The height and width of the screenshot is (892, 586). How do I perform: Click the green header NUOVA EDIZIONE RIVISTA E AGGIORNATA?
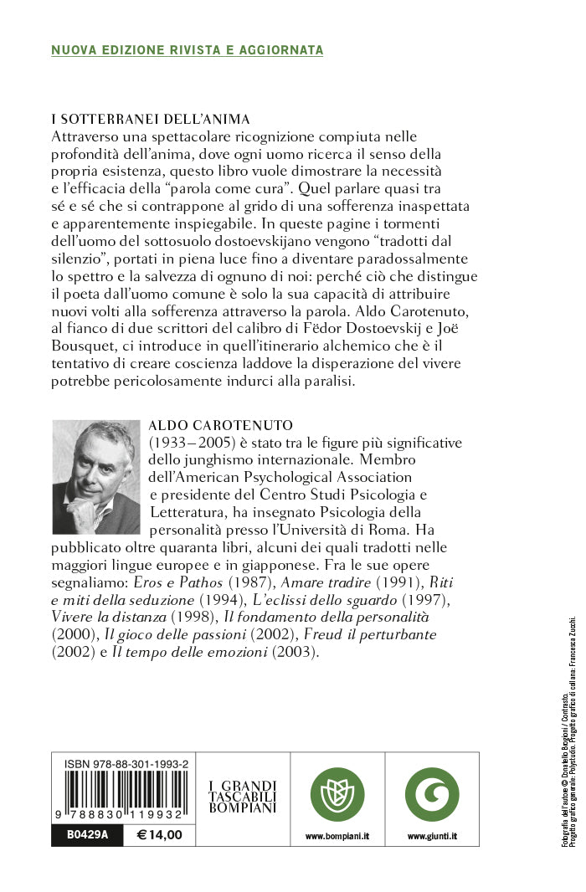188,50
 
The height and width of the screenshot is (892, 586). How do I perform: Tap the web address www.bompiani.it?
338,836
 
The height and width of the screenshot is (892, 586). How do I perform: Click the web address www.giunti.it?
432,836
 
